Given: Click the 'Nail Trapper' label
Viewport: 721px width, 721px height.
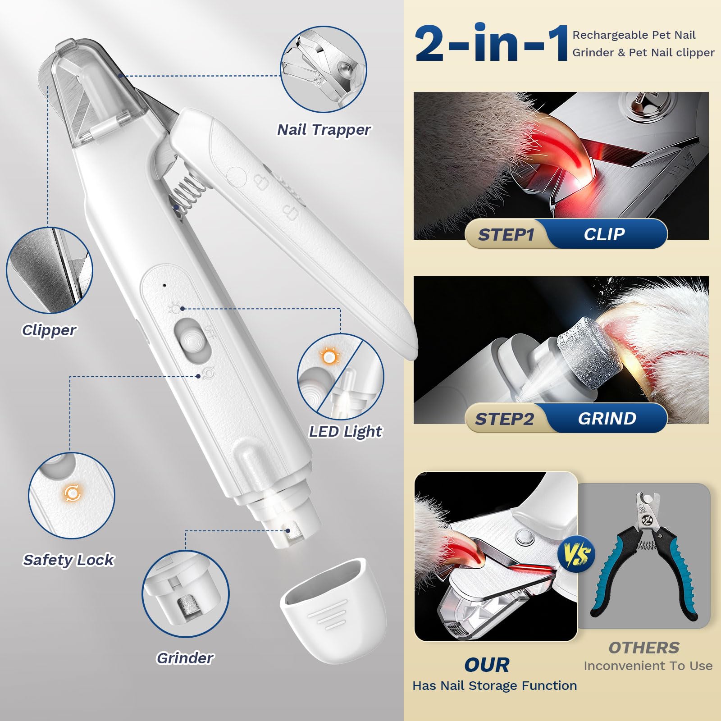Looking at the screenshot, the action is pos(324,130).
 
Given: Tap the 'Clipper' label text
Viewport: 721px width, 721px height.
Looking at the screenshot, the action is pos(49,330).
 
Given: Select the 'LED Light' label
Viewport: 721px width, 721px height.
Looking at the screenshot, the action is pos(345,431).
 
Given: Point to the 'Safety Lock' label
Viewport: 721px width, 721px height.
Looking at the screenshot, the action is pos(68,560).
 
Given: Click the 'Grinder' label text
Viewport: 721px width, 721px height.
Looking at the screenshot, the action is pos(185,658).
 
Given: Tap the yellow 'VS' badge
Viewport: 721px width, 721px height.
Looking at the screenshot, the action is pos(576,555).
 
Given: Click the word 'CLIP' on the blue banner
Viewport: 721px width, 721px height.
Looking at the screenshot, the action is pos(604,234).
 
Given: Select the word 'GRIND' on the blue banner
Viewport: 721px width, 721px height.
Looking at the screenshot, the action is pos(607,419).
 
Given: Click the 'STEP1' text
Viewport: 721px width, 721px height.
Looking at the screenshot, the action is pos(506,235).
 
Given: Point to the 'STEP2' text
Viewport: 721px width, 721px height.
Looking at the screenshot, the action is pos(504,419).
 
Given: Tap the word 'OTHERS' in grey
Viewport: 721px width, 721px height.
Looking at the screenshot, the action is pos(644,648).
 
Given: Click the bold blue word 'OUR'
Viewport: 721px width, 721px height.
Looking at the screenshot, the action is pos(487,665).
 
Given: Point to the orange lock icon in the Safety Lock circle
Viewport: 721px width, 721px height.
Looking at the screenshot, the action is pos(72,493).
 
